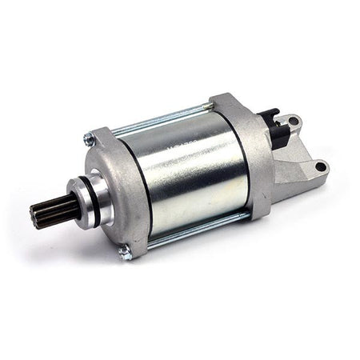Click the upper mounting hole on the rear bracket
pos(294,122)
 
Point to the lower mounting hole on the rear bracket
pos(320,167)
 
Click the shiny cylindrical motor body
pos(188,172)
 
